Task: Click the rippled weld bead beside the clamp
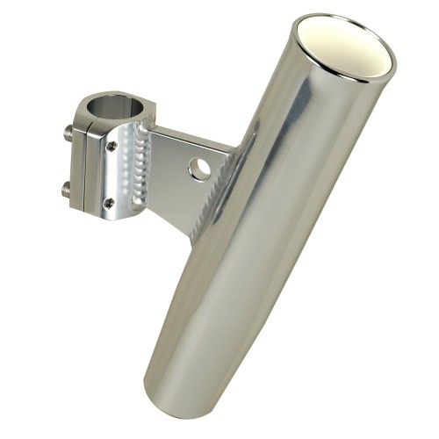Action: click(x=137, y=167)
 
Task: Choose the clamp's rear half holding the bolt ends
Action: click(x=79, y=162)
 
